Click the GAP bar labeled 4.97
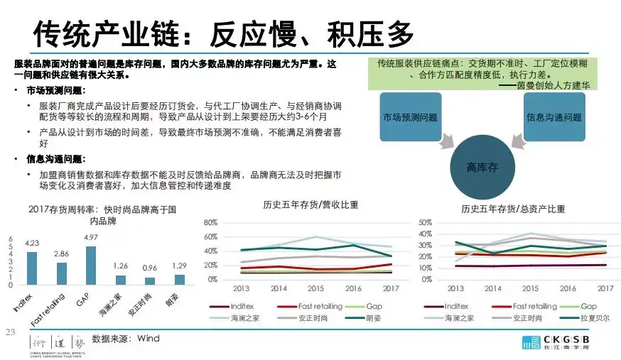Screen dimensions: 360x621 (x=90, y=265)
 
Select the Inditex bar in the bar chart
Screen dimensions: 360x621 (x=32, y=268)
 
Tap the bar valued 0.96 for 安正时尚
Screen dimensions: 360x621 (x=150, y=280)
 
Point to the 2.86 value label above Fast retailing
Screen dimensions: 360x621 (x=62, y=253)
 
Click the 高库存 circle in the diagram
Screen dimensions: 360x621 (x=481, y=168)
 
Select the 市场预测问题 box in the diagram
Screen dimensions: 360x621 (x=410, y=117)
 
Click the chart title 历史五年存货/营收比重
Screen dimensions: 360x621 (x=310, y=206)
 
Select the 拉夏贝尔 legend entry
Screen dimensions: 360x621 (x=593, y=318)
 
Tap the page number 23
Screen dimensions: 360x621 (x=10, y=332)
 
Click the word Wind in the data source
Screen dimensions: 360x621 (x=148, y=339)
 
